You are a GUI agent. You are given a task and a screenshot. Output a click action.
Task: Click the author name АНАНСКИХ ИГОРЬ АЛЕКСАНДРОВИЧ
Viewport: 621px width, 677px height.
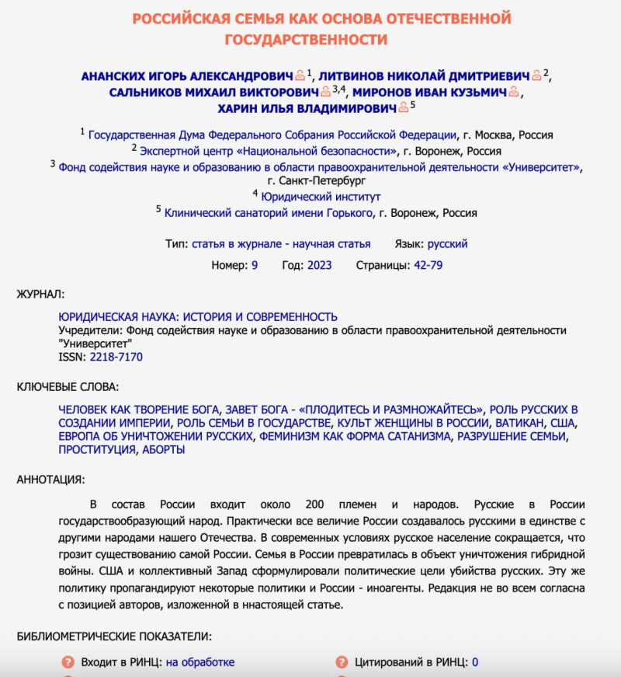point(186,75)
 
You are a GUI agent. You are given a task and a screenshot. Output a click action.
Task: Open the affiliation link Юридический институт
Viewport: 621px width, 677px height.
point(321,196)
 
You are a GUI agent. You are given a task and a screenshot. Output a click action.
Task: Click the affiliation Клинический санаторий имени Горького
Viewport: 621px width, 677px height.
point(269,212)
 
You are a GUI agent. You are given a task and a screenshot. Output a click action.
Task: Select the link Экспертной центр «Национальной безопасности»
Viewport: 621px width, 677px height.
point(269,151)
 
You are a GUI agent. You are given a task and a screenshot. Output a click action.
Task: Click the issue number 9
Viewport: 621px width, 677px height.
point(255,265)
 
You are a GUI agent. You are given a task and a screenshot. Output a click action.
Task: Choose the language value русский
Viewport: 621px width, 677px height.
point(448,243)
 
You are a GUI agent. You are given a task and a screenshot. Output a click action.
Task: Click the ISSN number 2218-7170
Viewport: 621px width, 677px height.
point(116,357)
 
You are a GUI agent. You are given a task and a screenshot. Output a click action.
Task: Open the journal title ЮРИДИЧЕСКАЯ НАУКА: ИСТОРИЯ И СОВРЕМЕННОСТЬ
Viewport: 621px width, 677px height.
point(198,316)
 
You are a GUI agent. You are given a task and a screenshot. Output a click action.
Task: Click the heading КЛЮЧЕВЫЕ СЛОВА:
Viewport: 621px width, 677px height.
point(68,386)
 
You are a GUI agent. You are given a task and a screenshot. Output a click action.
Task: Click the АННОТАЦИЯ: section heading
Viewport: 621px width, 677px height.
point(51,479)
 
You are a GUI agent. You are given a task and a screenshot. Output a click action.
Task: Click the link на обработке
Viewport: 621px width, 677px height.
point(199,662)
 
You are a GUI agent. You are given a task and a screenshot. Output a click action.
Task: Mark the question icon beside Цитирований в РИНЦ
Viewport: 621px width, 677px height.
point(342,662)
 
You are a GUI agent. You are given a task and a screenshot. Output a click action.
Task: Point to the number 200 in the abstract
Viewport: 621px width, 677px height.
point(320,504)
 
